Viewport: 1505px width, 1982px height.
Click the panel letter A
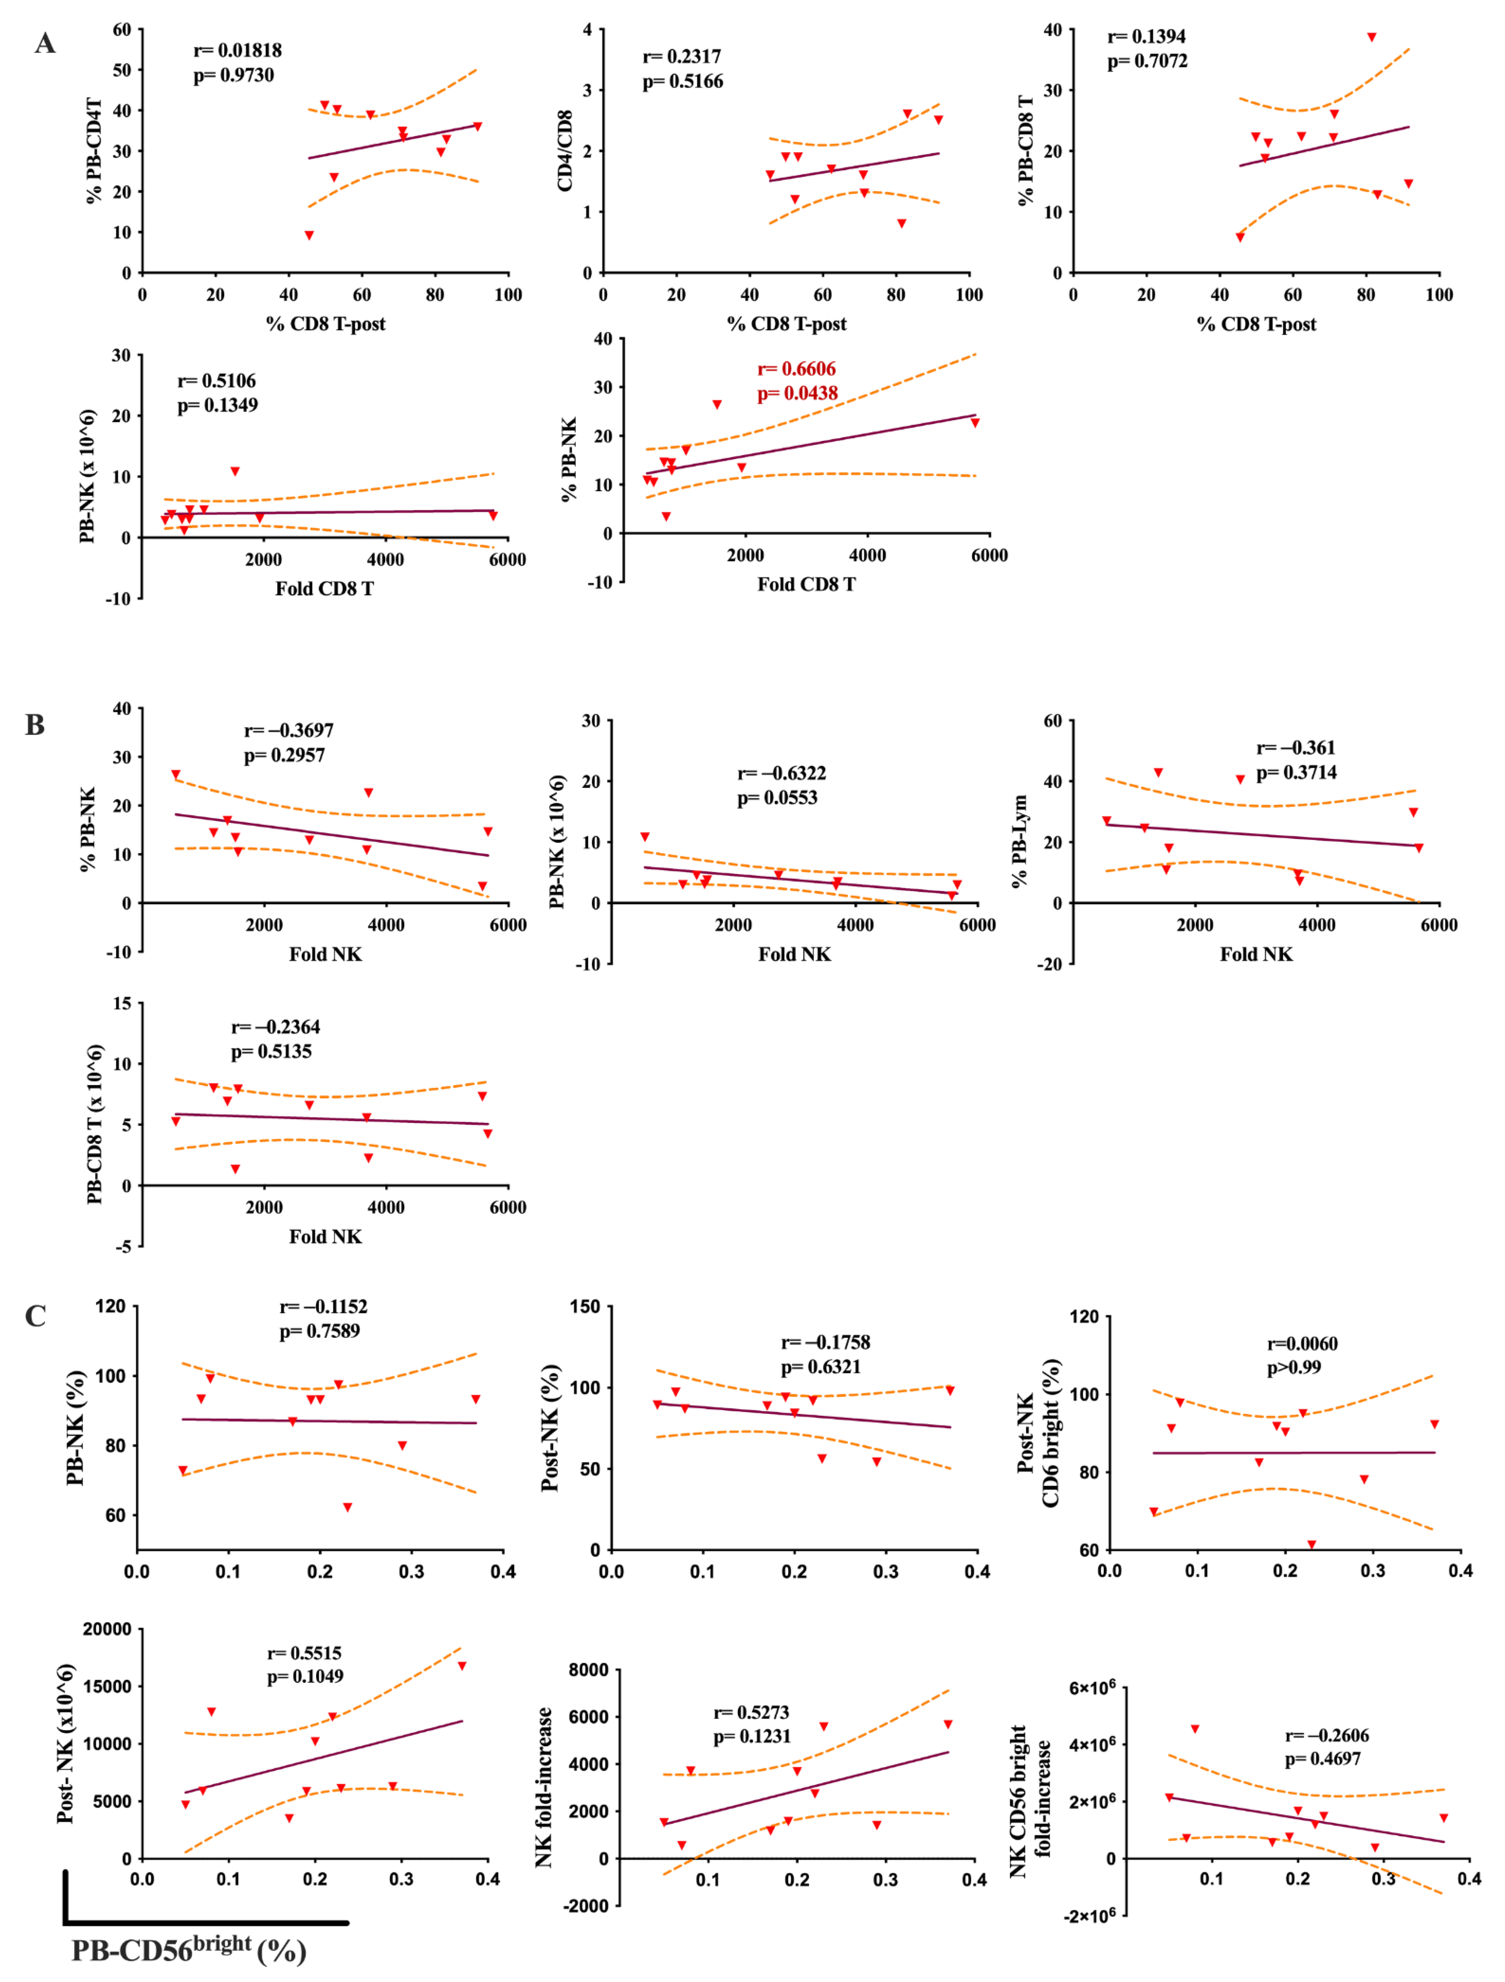click(45, 43)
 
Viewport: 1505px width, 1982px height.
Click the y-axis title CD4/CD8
click(565, 151)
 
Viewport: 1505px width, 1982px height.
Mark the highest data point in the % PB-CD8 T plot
click(1371, 37)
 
